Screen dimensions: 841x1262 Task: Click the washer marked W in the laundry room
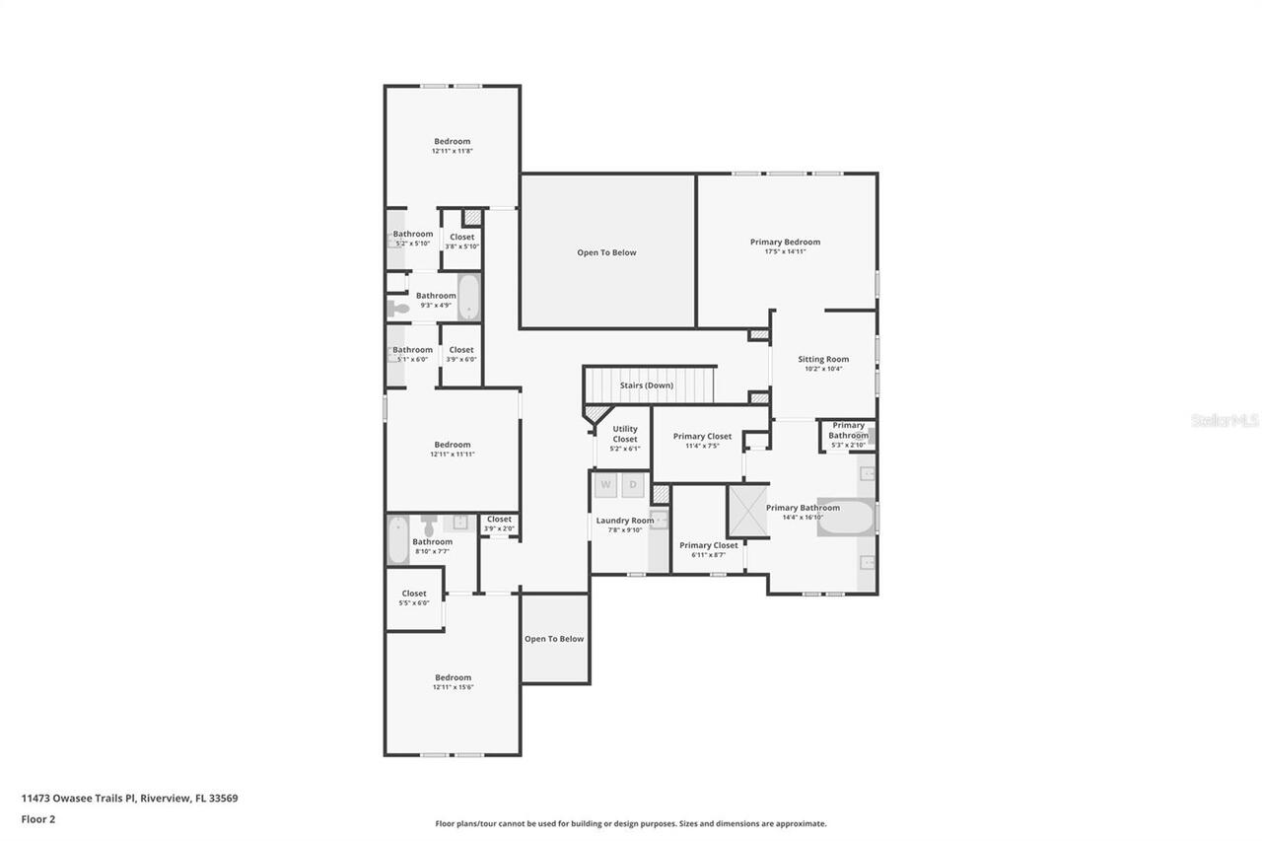(605, 484)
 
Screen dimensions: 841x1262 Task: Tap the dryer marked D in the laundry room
(633, 484)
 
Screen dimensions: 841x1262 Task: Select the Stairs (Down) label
(647, 385)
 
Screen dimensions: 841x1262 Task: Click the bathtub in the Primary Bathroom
(845, 518)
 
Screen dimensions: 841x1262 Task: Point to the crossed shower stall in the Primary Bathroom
(748, 511)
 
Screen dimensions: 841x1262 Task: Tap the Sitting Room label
(823, 359)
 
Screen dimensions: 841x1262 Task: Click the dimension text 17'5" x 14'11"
(785, 251)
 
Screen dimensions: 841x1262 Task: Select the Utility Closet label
(625, 434)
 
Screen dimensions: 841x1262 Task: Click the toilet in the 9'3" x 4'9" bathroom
(397, 309)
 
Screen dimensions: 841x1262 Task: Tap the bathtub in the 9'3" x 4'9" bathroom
(468, 297)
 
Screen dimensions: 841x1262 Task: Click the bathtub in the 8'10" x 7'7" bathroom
(398, 540)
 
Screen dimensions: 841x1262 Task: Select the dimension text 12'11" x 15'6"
(454, 687)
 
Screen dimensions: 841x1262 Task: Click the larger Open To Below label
(606, 252)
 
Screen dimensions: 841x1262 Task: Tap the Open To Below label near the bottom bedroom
(554, 639)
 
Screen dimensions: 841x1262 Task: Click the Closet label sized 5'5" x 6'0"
(414, 594)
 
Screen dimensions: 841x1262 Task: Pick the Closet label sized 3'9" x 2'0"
(499, 520)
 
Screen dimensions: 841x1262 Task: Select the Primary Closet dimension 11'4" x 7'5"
(702, 446)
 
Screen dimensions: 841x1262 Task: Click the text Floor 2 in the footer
(37, 818)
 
